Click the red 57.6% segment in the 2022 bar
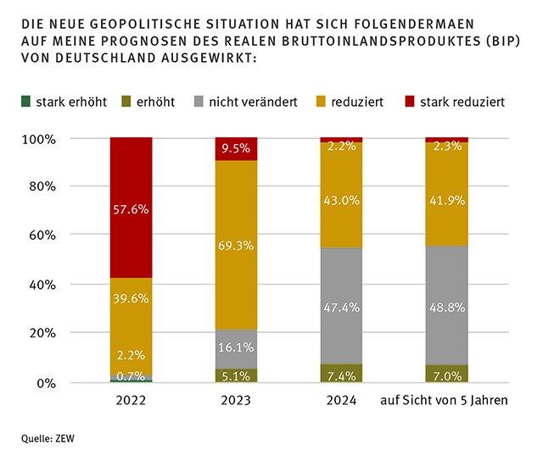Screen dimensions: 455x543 (131, 208)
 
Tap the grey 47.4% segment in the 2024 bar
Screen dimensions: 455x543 (341, 306)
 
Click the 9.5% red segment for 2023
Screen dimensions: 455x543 (236, 149)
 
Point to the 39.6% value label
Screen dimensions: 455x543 (131, 298)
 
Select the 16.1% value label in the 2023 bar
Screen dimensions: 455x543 (236, 347)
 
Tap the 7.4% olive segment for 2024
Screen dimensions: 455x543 (341, 374)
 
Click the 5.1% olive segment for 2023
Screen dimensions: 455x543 (236, 375)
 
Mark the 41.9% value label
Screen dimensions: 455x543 (446, 202)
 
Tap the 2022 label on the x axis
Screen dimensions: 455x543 (131, 402)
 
